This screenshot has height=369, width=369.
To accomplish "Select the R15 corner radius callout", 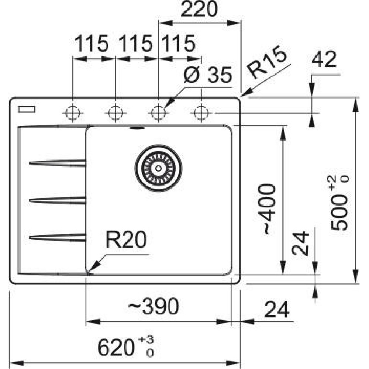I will click(268, 63).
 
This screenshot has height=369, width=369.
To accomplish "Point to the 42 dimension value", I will click(324, 60).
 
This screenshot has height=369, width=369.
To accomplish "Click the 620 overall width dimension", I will click(125, 347).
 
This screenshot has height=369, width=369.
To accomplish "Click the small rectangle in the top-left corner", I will click(26, 109).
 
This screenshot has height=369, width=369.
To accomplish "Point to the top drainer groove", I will click(57, 163).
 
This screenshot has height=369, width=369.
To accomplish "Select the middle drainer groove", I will click(57, 200).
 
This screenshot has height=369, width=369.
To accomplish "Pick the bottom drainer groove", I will click(57, 238).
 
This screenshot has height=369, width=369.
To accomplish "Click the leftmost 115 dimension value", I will click(92, 44).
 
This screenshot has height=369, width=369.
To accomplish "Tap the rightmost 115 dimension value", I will click(177, 44).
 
